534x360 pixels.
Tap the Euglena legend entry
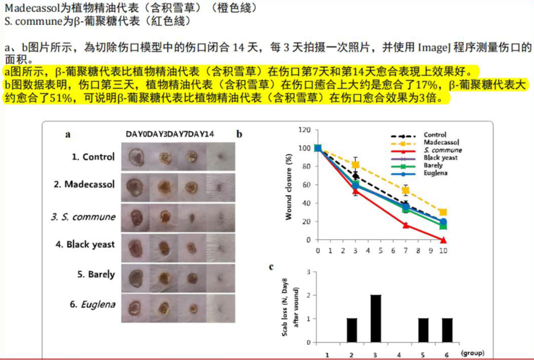[x=436, y=173]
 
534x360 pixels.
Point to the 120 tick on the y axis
[x=304, y=130]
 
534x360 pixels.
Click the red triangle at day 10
[x=443, y=240]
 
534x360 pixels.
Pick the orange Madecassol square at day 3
[x=356, y=165]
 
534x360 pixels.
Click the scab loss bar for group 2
[x=352, y=330]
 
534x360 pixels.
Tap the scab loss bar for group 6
[x=447, y=330]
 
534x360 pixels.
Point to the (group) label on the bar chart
[x=471, y=352]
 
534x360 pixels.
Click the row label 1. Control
[x=93, y=156]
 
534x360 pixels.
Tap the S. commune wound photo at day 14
[x=220, y=216]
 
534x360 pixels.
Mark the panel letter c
[x=271, y=267]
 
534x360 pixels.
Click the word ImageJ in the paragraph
[x=434, y=48]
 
